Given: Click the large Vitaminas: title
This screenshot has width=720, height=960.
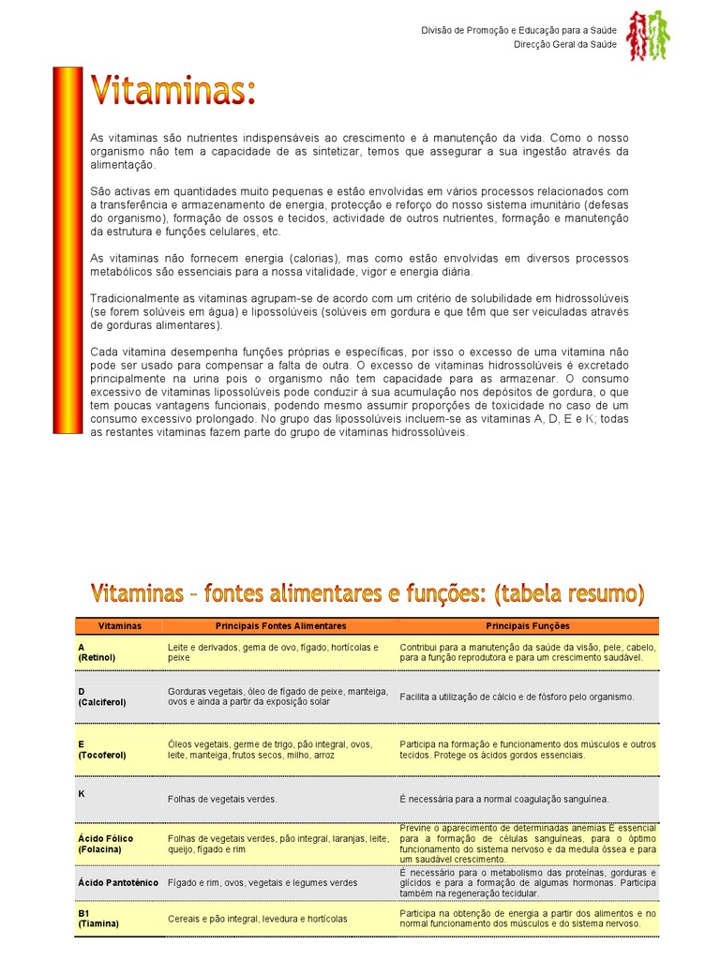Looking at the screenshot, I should pyautogui.click(x=172, y=92).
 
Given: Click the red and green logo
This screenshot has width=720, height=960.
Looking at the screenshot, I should pyautogui.click(x=648, y=36).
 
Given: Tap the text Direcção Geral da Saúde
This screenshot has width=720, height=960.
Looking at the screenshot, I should pyautogui.click(x=565, y=45).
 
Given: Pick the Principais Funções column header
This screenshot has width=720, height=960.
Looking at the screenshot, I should pyautogui.click(x=527, y=625).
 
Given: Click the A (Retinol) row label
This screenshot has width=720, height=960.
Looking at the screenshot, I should pyautogui.click(x=97, y=652).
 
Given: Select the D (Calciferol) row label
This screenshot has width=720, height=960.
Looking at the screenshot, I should pyautogui.click(x=101, y=696).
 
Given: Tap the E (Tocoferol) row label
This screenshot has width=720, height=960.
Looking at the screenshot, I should pyautogui.click(x=101, y=749).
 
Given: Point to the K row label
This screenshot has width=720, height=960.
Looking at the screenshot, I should pyautogui.click(x=82, y=793).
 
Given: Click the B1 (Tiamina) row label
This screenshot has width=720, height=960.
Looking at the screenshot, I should pyautogui.click(x=98, y=918).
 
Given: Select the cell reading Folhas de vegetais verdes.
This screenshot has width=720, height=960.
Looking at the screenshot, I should pyautogui.click(x=222, y=799).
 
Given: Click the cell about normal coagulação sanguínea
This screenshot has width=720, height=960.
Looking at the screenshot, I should pyautogui.click(x=503, y=799).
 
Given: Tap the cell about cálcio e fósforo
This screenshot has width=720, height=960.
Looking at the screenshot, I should pyautogui.click(x=517, y=697).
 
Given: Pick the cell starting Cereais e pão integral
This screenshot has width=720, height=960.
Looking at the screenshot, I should pyautogui.click(x=258, y=919).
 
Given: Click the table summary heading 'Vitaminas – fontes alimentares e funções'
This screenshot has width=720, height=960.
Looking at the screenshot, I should pyautogui.click(x=367, y=593).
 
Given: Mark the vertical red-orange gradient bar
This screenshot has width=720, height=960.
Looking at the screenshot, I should pyautogui.click(x=67, y=249).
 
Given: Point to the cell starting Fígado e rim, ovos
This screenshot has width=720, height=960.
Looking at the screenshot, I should pyautogui.click(x=262, y=882).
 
